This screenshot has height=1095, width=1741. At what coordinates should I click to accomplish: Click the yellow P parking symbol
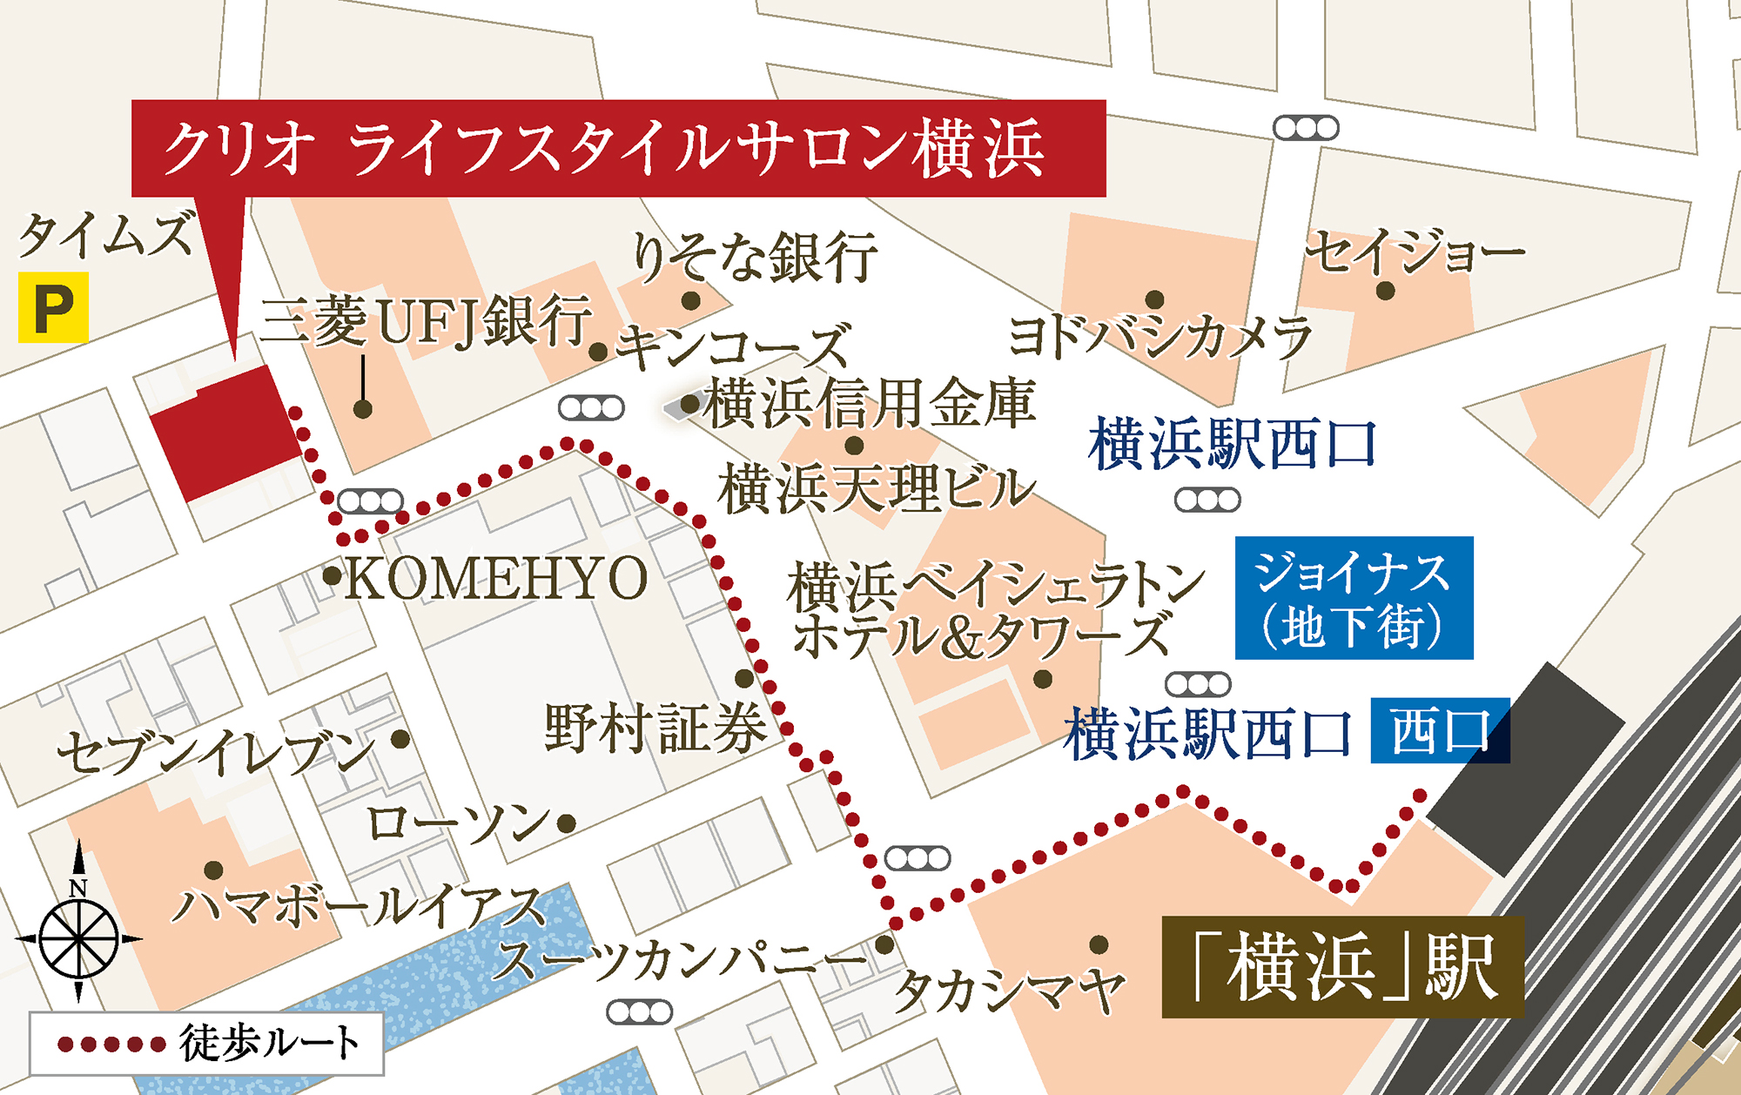tap(53, 307)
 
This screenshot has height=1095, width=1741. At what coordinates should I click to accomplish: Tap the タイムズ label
tap(106, 236)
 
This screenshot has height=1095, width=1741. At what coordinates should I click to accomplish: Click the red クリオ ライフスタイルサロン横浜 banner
tap(618, 148)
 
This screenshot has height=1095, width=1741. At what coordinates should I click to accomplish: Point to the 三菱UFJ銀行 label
tap(426, 319)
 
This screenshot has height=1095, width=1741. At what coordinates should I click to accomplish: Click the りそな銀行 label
tap(755, 257)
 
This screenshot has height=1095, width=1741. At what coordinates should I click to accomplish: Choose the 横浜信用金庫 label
tap(870, 403)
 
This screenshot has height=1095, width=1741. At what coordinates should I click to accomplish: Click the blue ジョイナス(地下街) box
tap(1354, 598)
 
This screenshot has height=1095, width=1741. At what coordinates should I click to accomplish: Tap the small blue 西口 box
tap(1440, 731)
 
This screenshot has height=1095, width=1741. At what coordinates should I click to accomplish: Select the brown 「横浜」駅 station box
tap(1342, 967)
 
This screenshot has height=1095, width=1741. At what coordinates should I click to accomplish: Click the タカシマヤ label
tap(1010, 991)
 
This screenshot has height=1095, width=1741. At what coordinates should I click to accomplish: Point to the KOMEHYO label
tap(496, 577)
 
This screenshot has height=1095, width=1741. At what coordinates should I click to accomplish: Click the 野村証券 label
tap(655, 728)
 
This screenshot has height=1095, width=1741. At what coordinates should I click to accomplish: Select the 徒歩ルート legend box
tap(206, 1044)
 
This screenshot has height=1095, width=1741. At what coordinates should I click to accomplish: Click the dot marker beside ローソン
tap(567, 823)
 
